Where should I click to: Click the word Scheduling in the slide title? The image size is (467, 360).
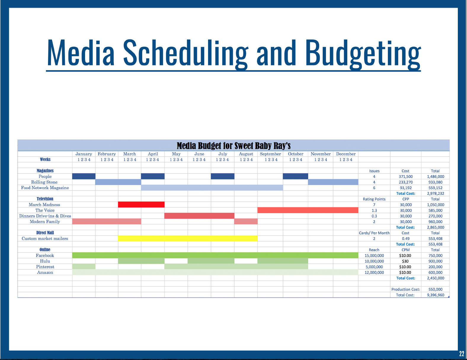pos(185,53)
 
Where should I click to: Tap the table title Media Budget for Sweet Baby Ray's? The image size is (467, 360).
pos(233,146)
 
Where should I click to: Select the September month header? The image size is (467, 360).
pos(270,154)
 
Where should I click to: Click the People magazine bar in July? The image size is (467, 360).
pos(223,176)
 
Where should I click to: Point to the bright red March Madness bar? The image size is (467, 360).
pos(141,205)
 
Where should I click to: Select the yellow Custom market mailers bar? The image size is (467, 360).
pos(188,238)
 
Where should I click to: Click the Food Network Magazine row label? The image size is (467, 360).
pos(45,188)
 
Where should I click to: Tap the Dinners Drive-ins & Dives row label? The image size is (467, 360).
pos(45,216)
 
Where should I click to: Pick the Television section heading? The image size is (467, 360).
pos(45,199)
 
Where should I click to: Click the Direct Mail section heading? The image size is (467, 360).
pos(45,233)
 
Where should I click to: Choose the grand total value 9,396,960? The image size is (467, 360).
pos(435,295)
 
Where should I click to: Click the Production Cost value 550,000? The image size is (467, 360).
pos(435,289)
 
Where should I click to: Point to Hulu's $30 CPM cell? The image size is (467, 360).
pos(405,261)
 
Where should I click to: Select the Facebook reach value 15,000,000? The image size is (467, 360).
pos(374,255)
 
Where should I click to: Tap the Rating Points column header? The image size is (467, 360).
pos(374,199)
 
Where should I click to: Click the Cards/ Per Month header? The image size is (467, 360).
pos(374,233)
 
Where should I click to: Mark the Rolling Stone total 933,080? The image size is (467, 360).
pos(435,182)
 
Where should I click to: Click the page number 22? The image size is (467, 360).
pos(462,353)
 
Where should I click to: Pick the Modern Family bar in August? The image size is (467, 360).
pos(246,221)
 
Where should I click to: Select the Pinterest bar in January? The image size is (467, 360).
pos(84,267)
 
